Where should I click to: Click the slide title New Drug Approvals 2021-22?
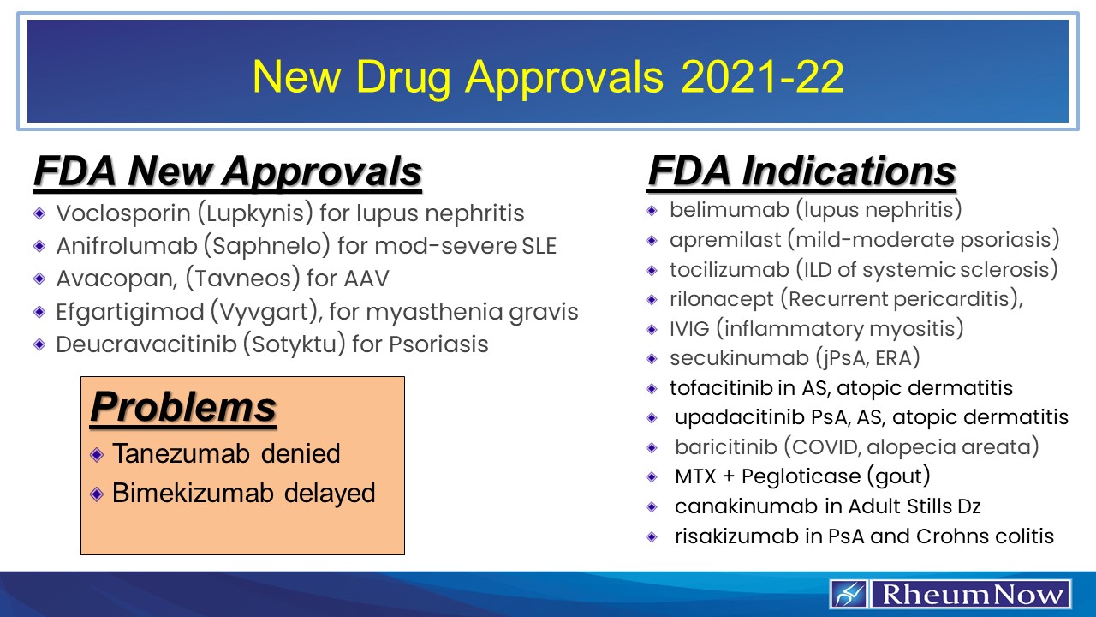pyautogui.click(x=548, y=77)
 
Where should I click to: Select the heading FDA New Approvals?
pyautogui.click(x=227, y=172)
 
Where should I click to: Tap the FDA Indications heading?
pyautogui.click(x=801, y=171)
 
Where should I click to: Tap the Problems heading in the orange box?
pyautogui.click(x=183, y=407)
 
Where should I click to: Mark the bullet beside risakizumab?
pyautogui.click(x=652, y=536)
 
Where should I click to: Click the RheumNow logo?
pyautogui.click(x=950, y=594)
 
